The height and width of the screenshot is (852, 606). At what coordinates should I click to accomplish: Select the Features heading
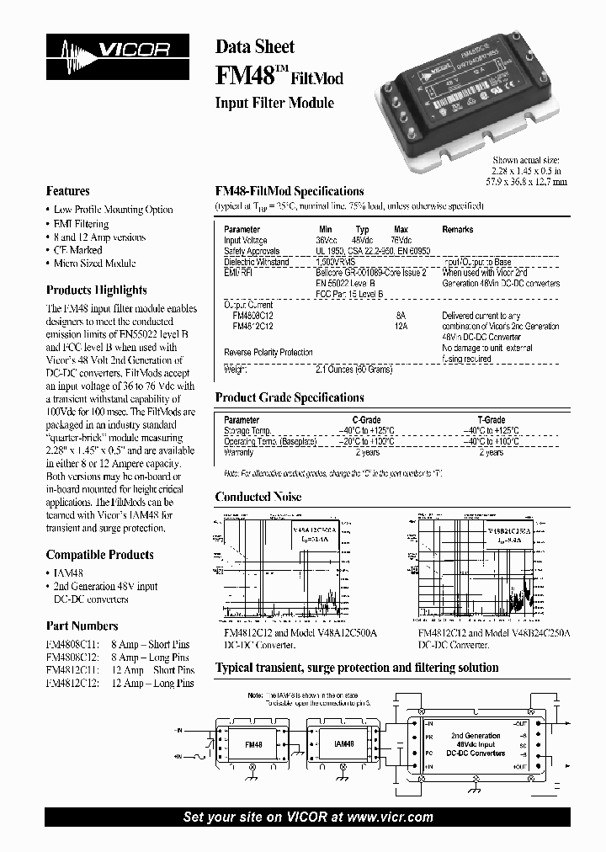tap(67, 191)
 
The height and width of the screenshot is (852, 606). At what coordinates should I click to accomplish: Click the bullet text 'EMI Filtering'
tap(82, 224)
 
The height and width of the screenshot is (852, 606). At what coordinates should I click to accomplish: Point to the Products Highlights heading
tap(96, 290)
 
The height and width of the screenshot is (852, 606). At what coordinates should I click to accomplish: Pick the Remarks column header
tap(458, 229)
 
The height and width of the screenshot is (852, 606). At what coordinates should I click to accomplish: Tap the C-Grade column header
tap(365, 419)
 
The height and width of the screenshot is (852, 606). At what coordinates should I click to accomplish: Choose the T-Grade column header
tap(491, 419)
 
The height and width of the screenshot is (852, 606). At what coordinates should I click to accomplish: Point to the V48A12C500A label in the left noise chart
tap(316, 531)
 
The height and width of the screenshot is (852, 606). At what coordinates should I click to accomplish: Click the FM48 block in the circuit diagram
tap(253, 745)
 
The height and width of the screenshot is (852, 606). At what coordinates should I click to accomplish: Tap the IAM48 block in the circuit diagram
tap(343, 745)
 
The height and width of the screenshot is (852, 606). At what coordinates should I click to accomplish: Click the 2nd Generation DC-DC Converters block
tap(476, 744)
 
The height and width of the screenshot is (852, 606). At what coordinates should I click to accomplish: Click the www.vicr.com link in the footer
tap(390, 817)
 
